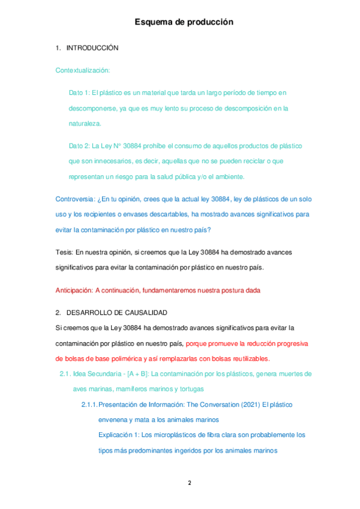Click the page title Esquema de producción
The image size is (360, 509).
point(184,22)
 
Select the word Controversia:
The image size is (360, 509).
point(75,199)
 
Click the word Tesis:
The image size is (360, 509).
point(64,252)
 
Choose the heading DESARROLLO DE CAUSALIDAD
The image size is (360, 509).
point(117,313)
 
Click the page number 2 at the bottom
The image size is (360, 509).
point(190,482)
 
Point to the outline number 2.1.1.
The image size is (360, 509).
point(89,405)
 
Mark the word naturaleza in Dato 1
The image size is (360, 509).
point(85,124)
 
